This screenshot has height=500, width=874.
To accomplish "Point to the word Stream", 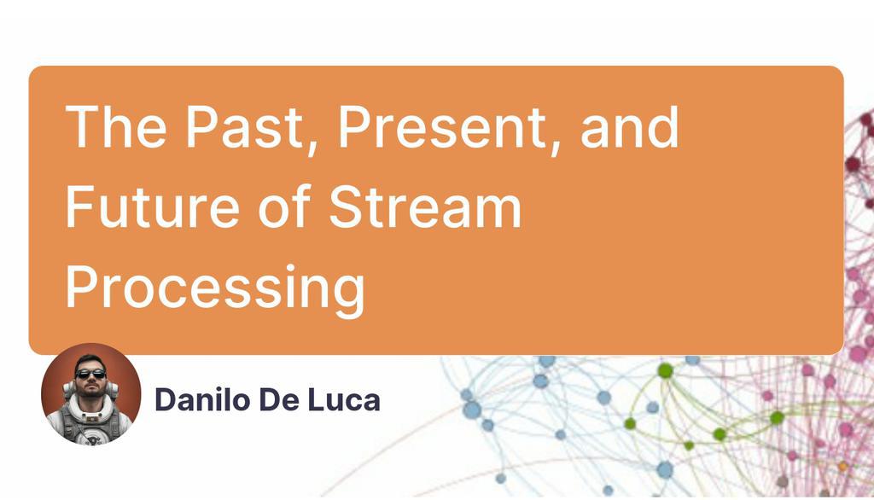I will pyautogui.click(x=425, y=207).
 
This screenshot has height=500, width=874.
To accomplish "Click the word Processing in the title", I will pyautogui.click(x=215, y=288).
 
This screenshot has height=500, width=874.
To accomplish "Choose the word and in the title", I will pyautogui.click(x=630, y=128).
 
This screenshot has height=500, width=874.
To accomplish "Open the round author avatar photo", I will pyautogui.click(x=90, y=394).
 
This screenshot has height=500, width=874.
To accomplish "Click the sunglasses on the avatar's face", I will pyautogui.click(x=90, y=373).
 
